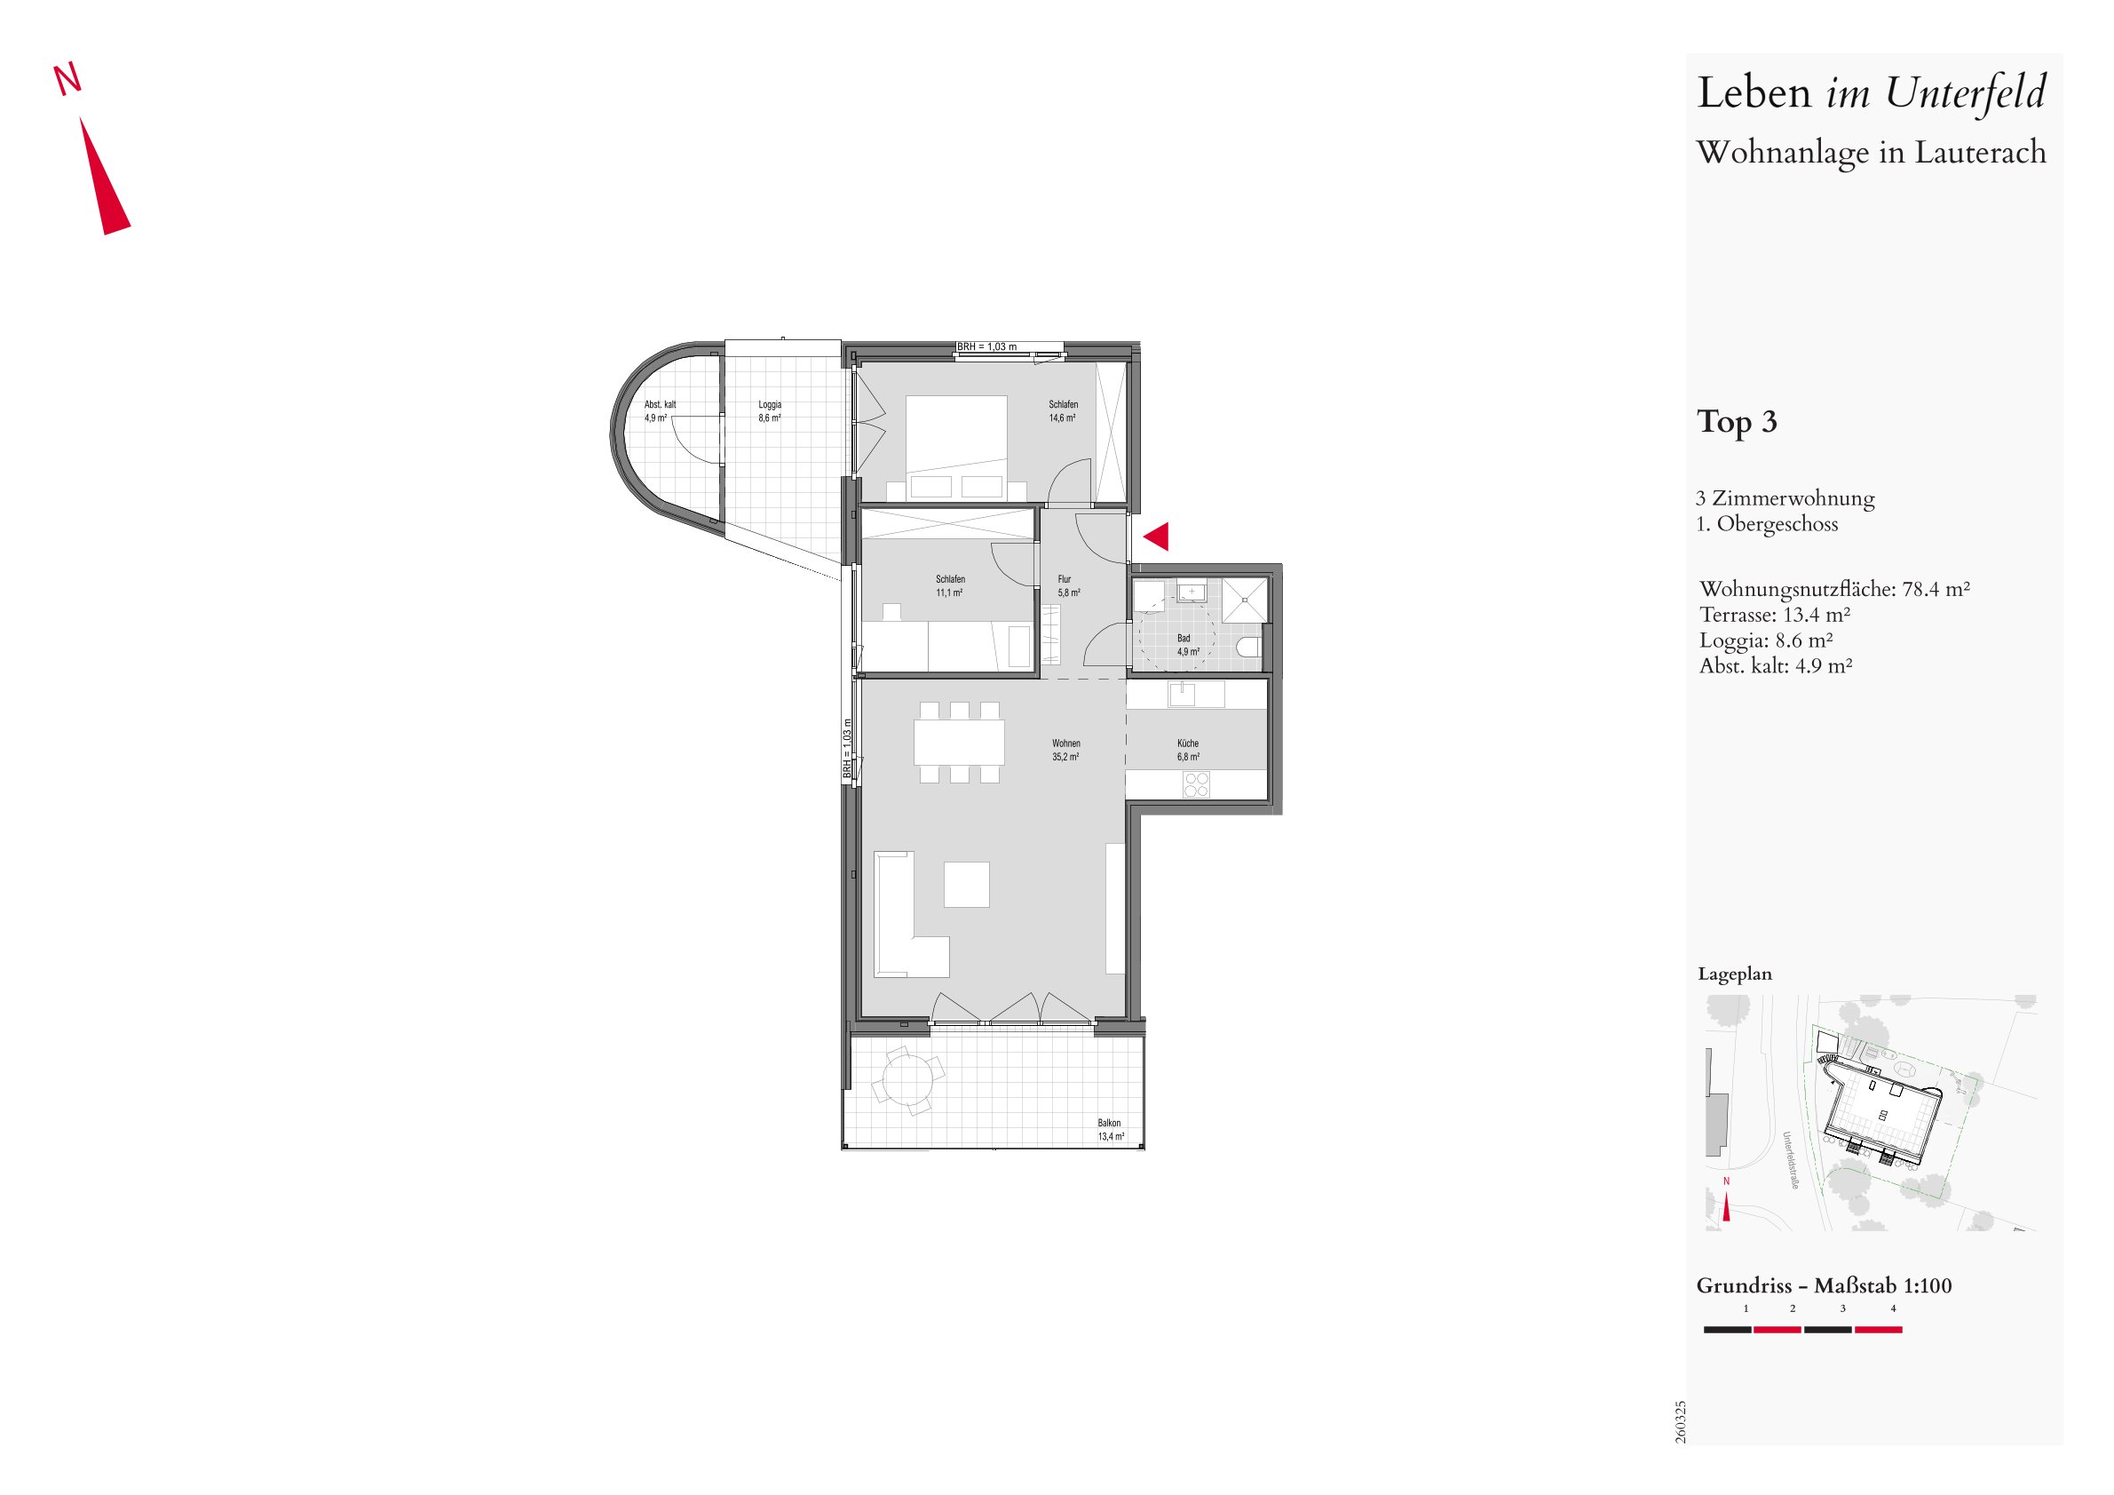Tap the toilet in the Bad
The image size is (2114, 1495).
(x=1249, y=646)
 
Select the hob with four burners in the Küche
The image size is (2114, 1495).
(x=1196, y=784)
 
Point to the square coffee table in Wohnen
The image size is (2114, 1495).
(x=966, y=884)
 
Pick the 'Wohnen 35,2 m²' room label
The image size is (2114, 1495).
(x=1065, y=750)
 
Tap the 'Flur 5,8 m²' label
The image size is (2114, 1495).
(x=1068, y=586)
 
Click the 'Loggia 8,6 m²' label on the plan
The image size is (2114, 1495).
(x=770, y=410)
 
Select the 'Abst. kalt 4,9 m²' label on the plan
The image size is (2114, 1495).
(x=660, y=410)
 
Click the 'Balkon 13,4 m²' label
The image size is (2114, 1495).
(x=1110, y=1129)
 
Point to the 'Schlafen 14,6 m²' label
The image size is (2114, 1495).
(x=1063, y=410)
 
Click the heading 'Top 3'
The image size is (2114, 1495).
(x=1737, y=422)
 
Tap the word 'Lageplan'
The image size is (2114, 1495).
(x=1735, y=974)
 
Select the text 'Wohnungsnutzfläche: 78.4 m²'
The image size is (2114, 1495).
(x=1835, y=589)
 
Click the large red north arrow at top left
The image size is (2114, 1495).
(x=103, y=175)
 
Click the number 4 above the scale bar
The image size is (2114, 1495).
(x=1893, y=1308)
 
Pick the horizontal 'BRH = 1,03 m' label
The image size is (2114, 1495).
(x=987, y=347)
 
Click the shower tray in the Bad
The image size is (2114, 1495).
(x=1246, y=600)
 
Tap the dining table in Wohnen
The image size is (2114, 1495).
(x=960, y=742)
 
